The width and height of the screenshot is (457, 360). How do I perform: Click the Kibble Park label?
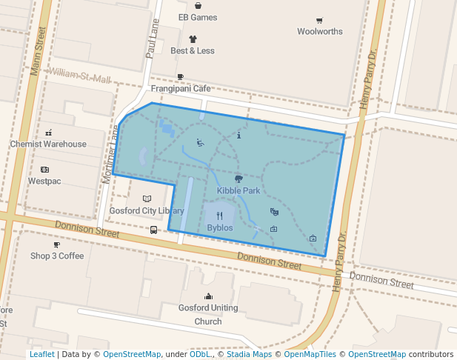click(238, 190)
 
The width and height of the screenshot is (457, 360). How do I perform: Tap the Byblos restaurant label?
click(219, 227)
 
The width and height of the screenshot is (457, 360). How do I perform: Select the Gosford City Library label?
click(147, 210)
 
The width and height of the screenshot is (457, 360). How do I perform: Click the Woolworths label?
click(320, 31)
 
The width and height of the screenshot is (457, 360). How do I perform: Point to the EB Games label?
click(198, 17)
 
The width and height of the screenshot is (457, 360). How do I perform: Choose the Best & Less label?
click(193, 50)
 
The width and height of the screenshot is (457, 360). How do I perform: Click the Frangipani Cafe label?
click(181, 88)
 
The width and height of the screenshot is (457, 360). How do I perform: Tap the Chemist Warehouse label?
click(48, 144)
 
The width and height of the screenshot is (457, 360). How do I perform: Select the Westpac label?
click(44, 181)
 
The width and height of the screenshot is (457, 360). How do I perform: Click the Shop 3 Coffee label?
click(57, 256)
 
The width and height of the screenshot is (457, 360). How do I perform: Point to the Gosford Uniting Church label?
click(208, 314)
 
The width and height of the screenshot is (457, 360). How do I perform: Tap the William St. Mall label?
click(79, 76)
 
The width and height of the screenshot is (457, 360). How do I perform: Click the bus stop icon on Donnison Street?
click(153, 230)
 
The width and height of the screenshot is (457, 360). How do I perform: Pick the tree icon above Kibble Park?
click(238, 179)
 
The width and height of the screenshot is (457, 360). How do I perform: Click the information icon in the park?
click(238, 136)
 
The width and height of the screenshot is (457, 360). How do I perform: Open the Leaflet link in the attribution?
click(41, 354)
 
